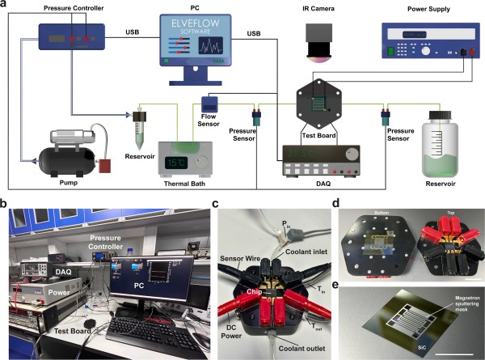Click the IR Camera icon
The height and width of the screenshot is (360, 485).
[322, 43]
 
